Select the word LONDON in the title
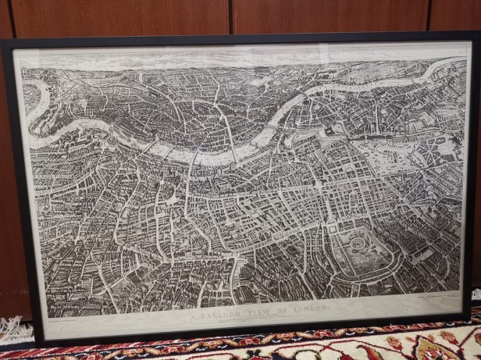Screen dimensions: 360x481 (x=312, y=311)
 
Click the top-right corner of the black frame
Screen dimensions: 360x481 (x=478, y=33)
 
